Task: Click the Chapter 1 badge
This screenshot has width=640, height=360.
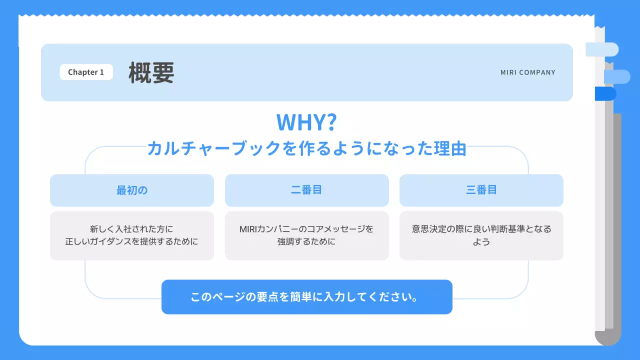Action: click(86, 72)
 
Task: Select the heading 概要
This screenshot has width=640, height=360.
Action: click(151, 72)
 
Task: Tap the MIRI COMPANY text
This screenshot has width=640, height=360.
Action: click(527, 72)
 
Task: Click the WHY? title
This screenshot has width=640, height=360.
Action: click(306, 122)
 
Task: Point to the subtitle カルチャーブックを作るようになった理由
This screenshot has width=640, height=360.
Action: click(306, 148)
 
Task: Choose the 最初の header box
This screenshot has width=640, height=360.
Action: click(132, 190)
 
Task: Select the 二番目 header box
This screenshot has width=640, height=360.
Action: click(306, 190)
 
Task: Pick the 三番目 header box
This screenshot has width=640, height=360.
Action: click(481, 190)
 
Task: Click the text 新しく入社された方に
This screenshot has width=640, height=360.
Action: click(131, 229)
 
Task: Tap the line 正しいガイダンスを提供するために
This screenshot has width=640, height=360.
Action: click(131, 241)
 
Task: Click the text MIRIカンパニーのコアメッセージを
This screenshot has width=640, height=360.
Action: click(306, 229)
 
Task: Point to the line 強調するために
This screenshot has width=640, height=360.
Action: click(306, 241)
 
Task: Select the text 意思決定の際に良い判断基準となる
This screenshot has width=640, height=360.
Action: click(481, 229)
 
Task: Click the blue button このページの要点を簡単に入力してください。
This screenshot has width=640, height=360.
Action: click(306, 297)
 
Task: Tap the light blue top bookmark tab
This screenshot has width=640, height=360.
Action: click(603, 49)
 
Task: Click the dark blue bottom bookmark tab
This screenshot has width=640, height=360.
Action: click(605, 94)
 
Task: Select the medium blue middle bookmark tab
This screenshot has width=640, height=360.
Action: click(617, 76)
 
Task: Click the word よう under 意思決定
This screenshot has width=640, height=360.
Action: click(481, 242)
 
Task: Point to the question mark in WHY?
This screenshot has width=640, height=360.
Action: click(330, 122)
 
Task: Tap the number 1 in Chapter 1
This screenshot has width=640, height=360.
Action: click(101, 72)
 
